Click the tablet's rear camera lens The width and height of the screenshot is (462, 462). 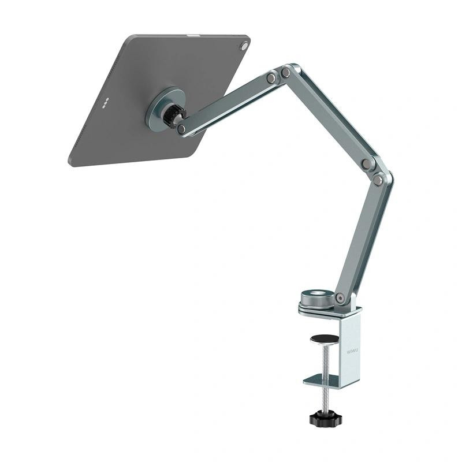pos(244,45)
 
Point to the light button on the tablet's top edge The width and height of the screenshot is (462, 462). pos(191,36)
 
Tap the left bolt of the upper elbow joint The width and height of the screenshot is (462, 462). pos(271,77)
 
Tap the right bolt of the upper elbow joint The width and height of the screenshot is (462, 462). pos(286,72)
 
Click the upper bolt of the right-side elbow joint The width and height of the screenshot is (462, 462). pos(366,163)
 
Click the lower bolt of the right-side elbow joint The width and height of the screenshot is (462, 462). pos(378,180)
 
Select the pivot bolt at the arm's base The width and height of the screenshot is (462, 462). pos(340,299)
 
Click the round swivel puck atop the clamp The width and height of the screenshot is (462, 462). pos(317,299)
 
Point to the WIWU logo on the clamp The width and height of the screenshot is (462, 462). pos(352,349)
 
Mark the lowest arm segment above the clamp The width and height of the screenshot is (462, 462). pos(360,237)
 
